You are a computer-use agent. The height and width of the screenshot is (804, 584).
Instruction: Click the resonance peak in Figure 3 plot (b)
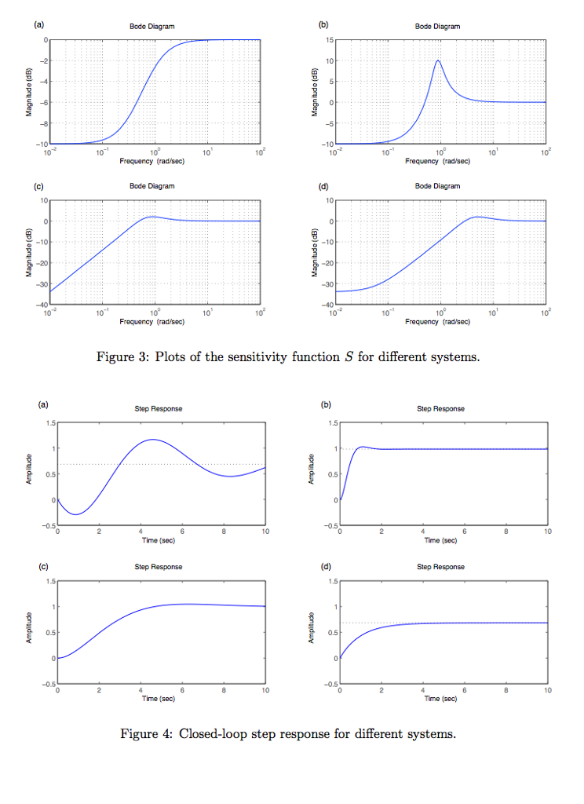click(438, 60)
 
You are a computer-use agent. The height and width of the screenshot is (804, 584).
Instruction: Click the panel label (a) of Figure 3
click(38, 26)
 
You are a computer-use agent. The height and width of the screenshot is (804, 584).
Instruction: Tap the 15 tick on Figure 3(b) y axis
click(330, 39)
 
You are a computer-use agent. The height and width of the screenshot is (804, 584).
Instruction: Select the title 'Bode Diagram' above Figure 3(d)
click(437, 186)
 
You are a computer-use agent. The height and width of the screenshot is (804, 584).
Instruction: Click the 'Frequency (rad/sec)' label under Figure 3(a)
click(151, 160)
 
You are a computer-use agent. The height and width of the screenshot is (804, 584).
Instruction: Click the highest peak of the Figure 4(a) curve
click(151, 440)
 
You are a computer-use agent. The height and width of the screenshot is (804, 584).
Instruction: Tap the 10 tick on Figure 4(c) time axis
click(265, 691)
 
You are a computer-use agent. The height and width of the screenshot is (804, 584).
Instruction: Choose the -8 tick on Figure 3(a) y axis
click(44, 123)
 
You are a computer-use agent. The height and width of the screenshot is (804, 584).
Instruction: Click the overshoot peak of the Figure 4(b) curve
click(362, 447)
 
